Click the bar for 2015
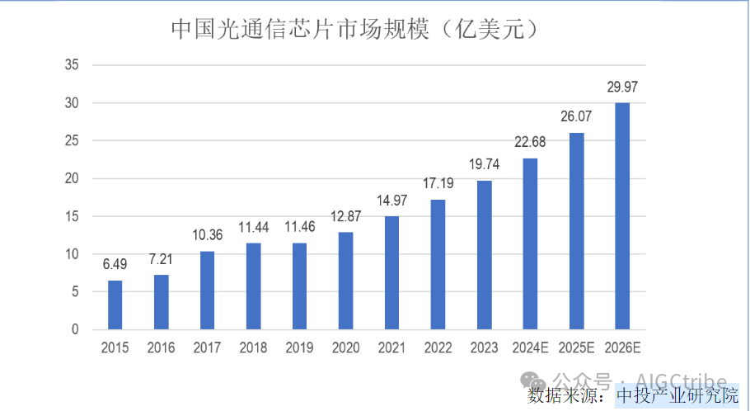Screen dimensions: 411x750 point(115,305)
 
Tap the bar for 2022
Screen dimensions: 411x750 point(438,264)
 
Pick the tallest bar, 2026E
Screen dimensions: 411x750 point(623,216)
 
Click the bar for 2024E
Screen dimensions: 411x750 point(531,243)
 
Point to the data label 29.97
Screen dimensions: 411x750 point(623,86)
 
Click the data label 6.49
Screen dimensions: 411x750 point(115,264)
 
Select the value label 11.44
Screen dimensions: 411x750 point(254,226)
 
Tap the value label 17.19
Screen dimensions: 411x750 point(438,183)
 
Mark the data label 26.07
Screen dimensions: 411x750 point(577,116)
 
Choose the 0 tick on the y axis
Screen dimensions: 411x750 point(75,329)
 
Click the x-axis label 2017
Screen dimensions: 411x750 point(208,348)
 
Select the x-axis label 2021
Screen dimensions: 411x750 point(392,348)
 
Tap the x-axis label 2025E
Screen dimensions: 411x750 point(577,348)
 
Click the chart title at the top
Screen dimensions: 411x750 point(354,30)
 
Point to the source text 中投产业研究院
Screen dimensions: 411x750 point(677,395)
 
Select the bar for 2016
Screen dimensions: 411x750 point(162,302)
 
